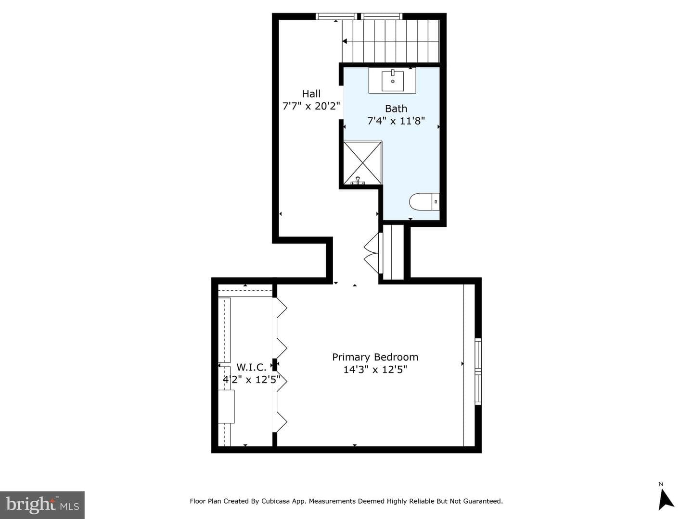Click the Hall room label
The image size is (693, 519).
[x=311, y=94]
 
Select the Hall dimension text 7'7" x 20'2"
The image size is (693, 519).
[x=311, y=106]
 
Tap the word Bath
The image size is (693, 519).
[x=396, y=109]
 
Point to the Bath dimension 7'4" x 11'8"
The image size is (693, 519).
[x=396, y=121]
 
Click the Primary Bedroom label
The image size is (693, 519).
[x=375, y=357]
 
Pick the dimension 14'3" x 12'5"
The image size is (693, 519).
[x=375, y=370]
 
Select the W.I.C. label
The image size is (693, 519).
[x=251, y=367]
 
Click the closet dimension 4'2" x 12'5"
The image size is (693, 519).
[x=251, y=380]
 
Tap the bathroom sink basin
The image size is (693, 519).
[x=392, y=81]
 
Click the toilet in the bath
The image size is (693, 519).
[x=424, y=201]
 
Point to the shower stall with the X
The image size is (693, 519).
[x=363, y=162]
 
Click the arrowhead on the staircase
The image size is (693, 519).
[x=345, y=41]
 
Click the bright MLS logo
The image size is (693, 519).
[x=42, y=505]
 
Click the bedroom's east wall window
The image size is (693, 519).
[x=478, y=371]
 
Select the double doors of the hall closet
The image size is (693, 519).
[x=373, y=253]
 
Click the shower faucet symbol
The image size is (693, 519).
[x=358, y=181]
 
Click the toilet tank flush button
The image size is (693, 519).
[x=436, y=202]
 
